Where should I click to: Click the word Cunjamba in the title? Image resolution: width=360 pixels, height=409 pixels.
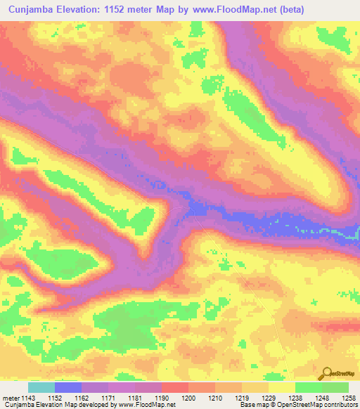tap(30, 9)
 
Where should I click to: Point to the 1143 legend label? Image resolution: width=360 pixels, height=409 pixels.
tap(29, 398)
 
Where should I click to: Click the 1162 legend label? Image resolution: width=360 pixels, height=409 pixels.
tap(82, 398)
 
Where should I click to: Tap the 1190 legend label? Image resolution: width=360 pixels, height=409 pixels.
tap(162, 398)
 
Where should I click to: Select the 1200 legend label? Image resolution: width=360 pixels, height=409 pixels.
tap(188, 398)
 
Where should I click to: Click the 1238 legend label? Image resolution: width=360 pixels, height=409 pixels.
tap(295, 398)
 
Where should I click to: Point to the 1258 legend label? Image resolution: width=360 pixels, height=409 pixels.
tap(348, 398)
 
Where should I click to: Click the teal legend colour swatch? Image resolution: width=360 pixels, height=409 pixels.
tap(41, 387)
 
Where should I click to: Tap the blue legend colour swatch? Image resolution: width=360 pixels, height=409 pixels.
tap(68, 387)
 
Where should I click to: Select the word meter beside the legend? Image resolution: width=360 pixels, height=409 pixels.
tap(10, 398)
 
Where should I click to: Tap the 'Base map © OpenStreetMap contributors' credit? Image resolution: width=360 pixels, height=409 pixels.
tap(298, 405)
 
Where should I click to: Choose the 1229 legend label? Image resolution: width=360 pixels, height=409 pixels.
tap(268, 398)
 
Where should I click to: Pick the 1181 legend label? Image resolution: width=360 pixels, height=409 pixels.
tap(135, 398)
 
